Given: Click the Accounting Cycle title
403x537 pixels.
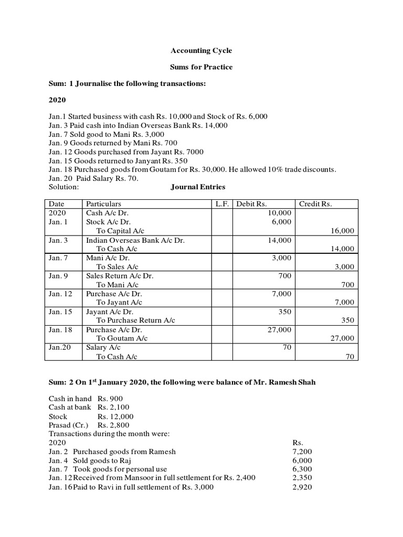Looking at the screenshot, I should pyautogui.click(x=201, y=51).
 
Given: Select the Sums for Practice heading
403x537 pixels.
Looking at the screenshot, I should pyautogui.click(x=201, y=68).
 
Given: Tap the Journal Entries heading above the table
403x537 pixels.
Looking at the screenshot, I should pyautogui.click(x=198, y=187).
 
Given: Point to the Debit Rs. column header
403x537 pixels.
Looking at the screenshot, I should pyautogui.click(x=251, y=204).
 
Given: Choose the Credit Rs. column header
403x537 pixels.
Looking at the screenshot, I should pyautogui.click(x=315, y=204).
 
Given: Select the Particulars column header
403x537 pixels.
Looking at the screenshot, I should pyautogui.click(x=103, y=204).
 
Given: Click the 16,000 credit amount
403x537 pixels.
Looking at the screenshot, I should pyautogui.click(x=343, y=231).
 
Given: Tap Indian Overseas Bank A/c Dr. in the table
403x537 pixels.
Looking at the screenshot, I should pyautogui.click(x=135, y=240).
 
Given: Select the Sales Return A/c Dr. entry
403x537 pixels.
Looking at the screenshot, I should pyautogui.click(x=120, y=276).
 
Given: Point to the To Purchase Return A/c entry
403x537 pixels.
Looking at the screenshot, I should pyautogui.click(x=135, y=320).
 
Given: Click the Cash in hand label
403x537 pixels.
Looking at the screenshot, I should pyautogui.click(x=70, y=399).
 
